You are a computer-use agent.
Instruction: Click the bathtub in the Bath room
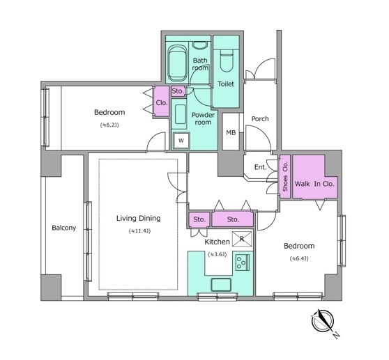177,63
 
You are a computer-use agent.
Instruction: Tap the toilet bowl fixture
227,61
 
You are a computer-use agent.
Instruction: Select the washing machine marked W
181,141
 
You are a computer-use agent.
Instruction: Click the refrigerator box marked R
242,239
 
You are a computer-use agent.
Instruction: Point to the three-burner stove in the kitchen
243,263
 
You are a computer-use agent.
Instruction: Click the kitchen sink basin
221,284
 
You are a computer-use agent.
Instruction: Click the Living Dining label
139,218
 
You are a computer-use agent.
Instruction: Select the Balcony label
63,228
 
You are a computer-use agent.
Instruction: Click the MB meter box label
231,132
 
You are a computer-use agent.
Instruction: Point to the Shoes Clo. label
285,176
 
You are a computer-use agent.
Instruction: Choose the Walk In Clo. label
314,184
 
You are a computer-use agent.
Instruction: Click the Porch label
260,118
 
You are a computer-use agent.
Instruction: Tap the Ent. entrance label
260,167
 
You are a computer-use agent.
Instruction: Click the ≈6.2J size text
109,125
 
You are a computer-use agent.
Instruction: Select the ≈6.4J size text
299,258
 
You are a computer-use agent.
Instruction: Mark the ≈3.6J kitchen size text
217,254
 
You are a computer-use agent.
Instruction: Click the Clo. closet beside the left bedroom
162,102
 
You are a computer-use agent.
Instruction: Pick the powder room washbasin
181,114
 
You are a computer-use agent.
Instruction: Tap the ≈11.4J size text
139,231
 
